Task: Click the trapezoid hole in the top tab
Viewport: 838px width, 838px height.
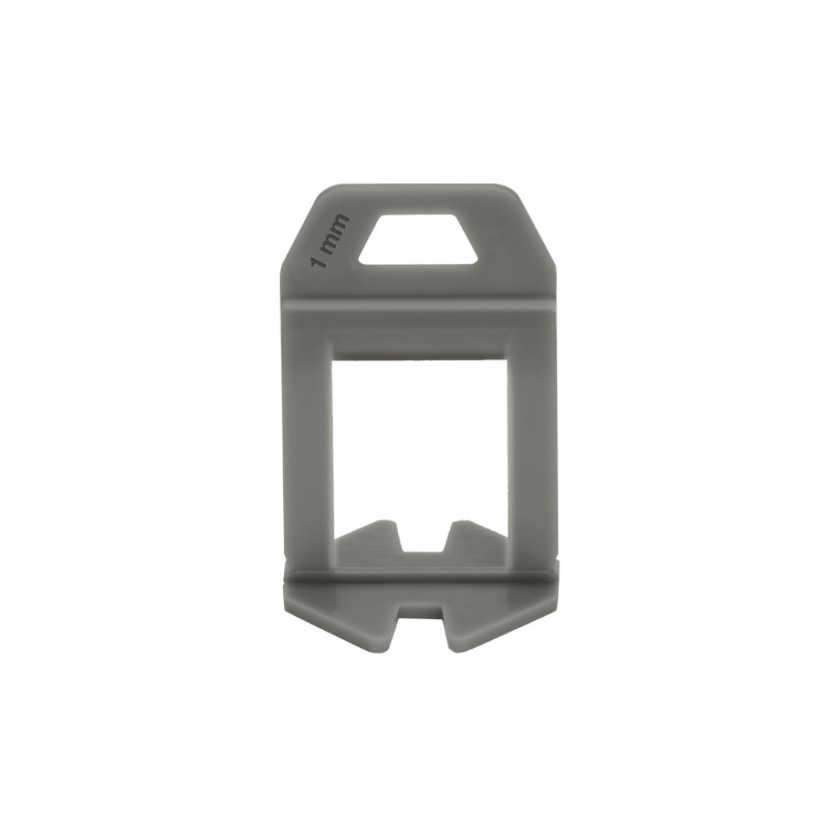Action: pos(418,239)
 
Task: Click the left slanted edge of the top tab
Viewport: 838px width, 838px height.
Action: pos(301,226)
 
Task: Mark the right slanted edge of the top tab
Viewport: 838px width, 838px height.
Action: pos(535,226)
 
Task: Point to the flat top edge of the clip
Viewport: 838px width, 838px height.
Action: pos(419,186)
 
